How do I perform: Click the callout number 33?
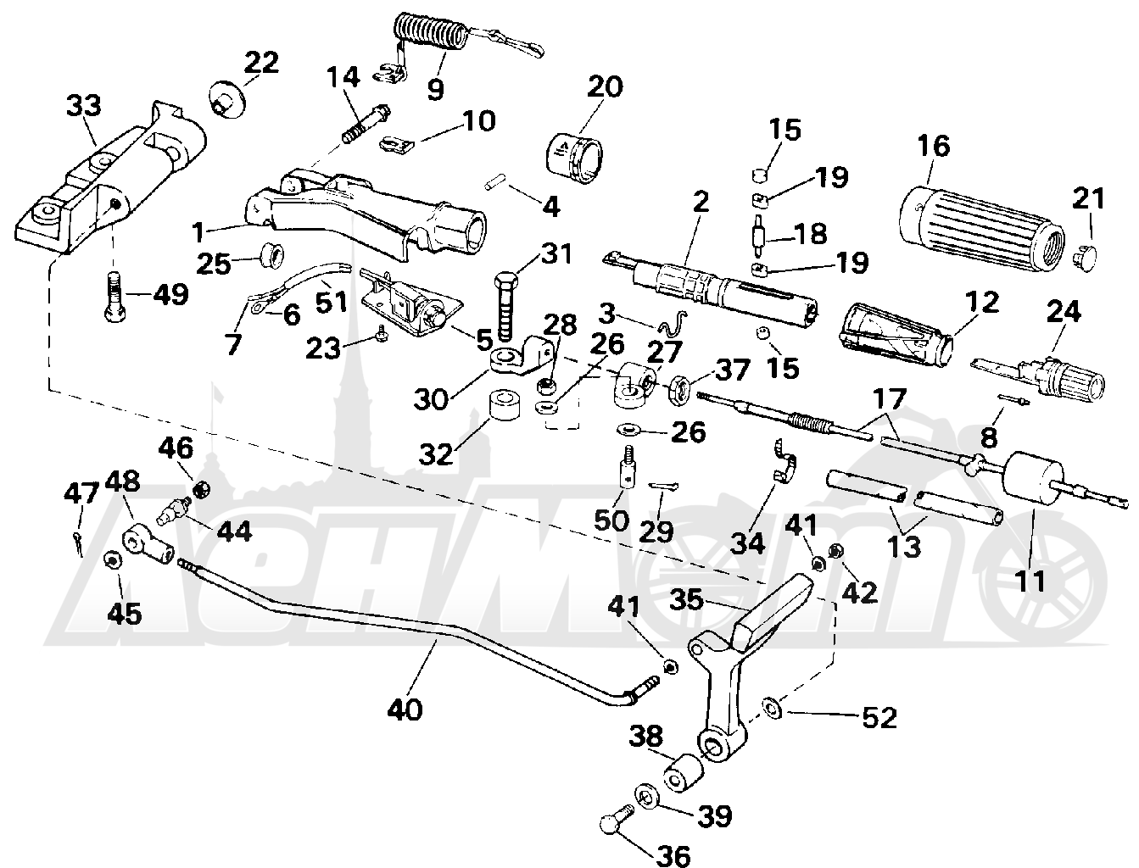coord(84,106)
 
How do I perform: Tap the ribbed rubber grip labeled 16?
coord(980,231)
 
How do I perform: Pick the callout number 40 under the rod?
coord(405,709)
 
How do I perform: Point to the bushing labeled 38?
coord(684,772)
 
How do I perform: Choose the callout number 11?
coord(1031,582)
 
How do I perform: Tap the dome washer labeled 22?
coord(227,98)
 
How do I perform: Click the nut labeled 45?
coord(113,561)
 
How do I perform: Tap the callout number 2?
coord(701,201)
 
